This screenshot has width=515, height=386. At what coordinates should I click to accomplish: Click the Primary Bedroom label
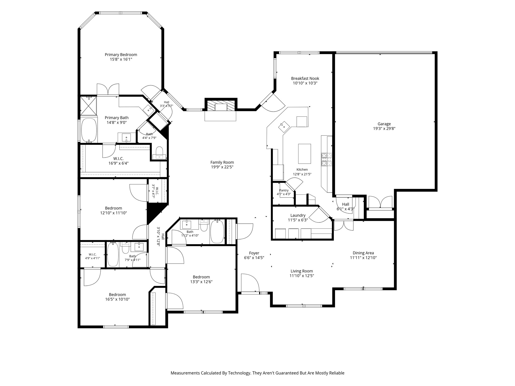point(121,55)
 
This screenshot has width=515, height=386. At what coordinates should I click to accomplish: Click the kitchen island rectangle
point(305,154)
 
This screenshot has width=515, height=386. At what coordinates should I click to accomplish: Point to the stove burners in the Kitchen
point(326,159)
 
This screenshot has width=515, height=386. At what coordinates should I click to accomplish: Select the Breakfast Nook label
point(305,78)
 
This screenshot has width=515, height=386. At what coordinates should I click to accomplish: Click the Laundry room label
point(298,215)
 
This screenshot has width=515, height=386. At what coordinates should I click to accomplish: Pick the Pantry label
point(284,190)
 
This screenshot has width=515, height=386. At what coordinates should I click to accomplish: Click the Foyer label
point(254,253)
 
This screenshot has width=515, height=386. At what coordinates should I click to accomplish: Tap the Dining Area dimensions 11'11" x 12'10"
point(363,258)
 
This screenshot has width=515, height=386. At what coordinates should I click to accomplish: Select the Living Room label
point(302,271)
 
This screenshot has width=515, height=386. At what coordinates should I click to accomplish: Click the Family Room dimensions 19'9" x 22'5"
point(222,167)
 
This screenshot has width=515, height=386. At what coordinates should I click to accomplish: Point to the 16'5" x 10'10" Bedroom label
point(117,295)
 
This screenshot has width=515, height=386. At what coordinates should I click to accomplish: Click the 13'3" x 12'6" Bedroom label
point(201,277)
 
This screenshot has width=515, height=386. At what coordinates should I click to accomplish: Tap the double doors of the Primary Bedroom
point(108,90)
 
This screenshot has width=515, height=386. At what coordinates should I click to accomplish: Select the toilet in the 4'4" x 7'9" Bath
point(159,153)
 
